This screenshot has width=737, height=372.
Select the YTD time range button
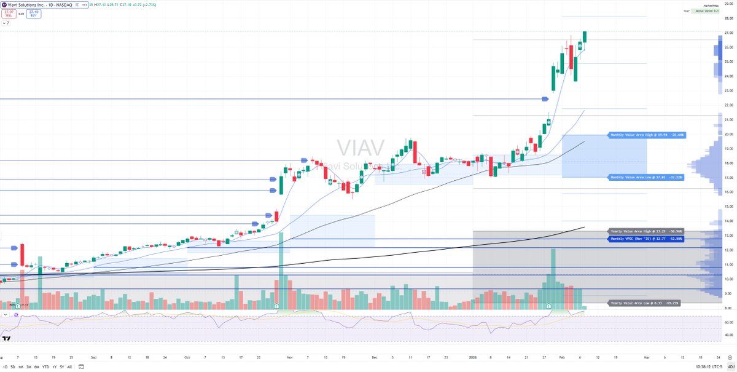(x=45, y=367)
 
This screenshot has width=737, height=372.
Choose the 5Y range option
(x=61, y=367)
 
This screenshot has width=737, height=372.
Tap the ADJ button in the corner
(x=731, y=367)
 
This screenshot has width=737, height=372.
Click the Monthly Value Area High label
(x=646, y=135)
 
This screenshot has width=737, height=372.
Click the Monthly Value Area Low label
(x=645, y=177)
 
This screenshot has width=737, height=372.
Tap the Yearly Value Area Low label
(x=644, y=303)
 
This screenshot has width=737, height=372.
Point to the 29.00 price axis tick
(x=729, y=4)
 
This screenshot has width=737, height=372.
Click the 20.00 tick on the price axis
(x=729, y=134)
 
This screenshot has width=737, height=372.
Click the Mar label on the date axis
(x=645, y=356)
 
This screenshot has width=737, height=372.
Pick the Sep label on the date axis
(x=93, y=356)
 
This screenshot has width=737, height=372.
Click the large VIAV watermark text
(x=361, y=148)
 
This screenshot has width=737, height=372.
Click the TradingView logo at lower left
(x=7, y=338)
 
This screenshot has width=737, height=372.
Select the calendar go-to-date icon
(x=77, y=367)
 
